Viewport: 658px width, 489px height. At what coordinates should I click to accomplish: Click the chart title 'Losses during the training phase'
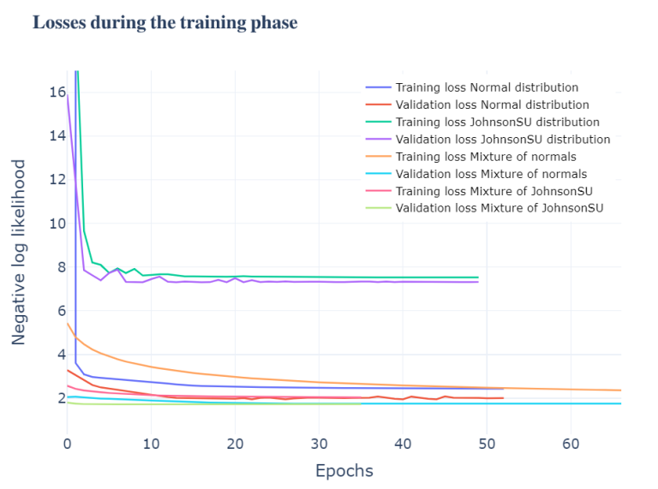(164, 23)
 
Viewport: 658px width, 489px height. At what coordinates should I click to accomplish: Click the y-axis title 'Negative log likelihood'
(19, 252)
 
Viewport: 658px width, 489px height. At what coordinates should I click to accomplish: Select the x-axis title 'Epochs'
(344, 470)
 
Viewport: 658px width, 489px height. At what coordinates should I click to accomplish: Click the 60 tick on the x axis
(571, 443)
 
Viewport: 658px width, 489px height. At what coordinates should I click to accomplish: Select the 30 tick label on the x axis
(319, 443)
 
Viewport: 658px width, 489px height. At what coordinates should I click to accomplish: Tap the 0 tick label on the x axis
(67, 443)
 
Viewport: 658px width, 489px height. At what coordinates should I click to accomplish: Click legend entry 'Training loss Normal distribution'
(487, 87)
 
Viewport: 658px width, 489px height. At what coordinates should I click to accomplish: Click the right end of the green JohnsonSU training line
(478, 277)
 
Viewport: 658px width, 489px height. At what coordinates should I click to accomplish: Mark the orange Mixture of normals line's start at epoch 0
(67, 323)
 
